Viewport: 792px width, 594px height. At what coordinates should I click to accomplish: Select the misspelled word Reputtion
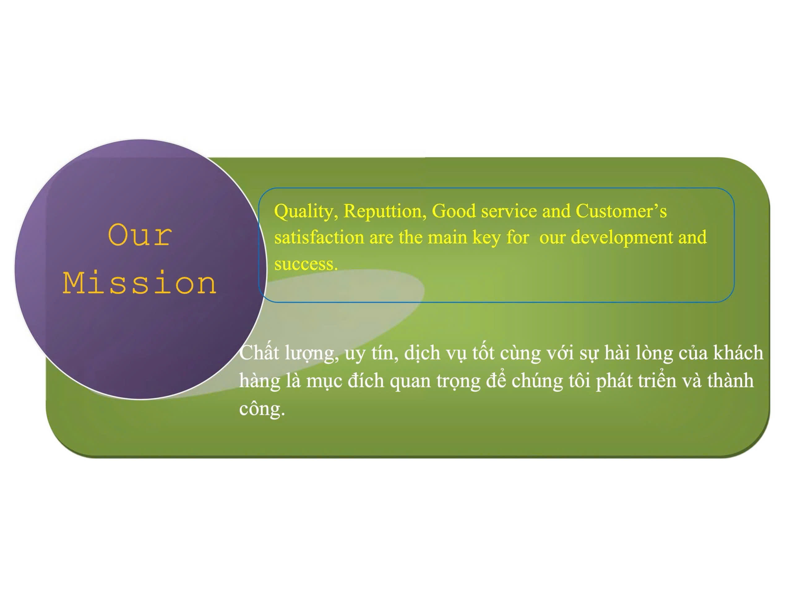coord(383,212)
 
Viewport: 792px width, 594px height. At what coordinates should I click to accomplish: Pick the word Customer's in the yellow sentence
coord(621,211)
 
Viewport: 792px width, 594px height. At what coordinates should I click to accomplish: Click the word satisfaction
coord(319,237)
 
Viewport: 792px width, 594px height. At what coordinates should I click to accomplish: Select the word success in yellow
coord(306,264)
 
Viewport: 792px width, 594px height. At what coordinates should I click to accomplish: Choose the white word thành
coord(730,380)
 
